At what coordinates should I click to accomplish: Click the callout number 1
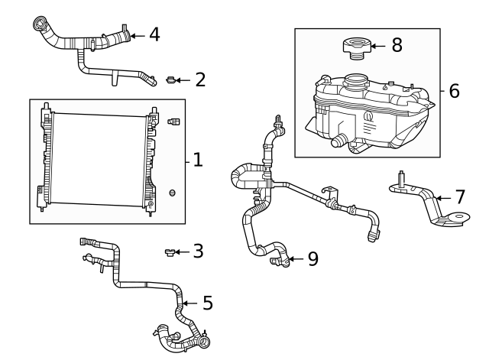[197, 160]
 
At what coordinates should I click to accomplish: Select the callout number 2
[200, 79]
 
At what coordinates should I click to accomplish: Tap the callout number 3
[198, 251]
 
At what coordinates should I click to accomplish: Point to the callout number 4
[154, 34]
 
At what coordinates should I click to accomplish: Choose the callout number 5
[206, 303]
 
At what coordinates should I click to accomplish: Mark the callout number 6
[454, 91]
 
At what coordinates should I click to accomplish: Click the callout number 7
[460, 197]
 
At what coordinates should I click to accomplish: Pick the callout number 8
[397, 45]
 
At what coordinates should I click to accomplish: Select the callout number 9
[313, 259]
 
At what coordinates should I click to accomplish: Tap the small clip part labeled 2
[171, 79]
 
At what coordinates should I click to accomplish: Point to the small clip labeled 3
[170, 251]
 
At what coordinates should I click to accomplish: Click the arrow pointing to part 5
[189, 303]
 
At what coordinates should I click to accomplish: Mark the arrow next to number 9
[296, 260]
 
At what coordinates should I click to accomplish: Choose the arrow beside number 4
[137, 34]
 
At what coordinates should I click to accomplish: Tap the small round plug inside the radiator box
[173, 192]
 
